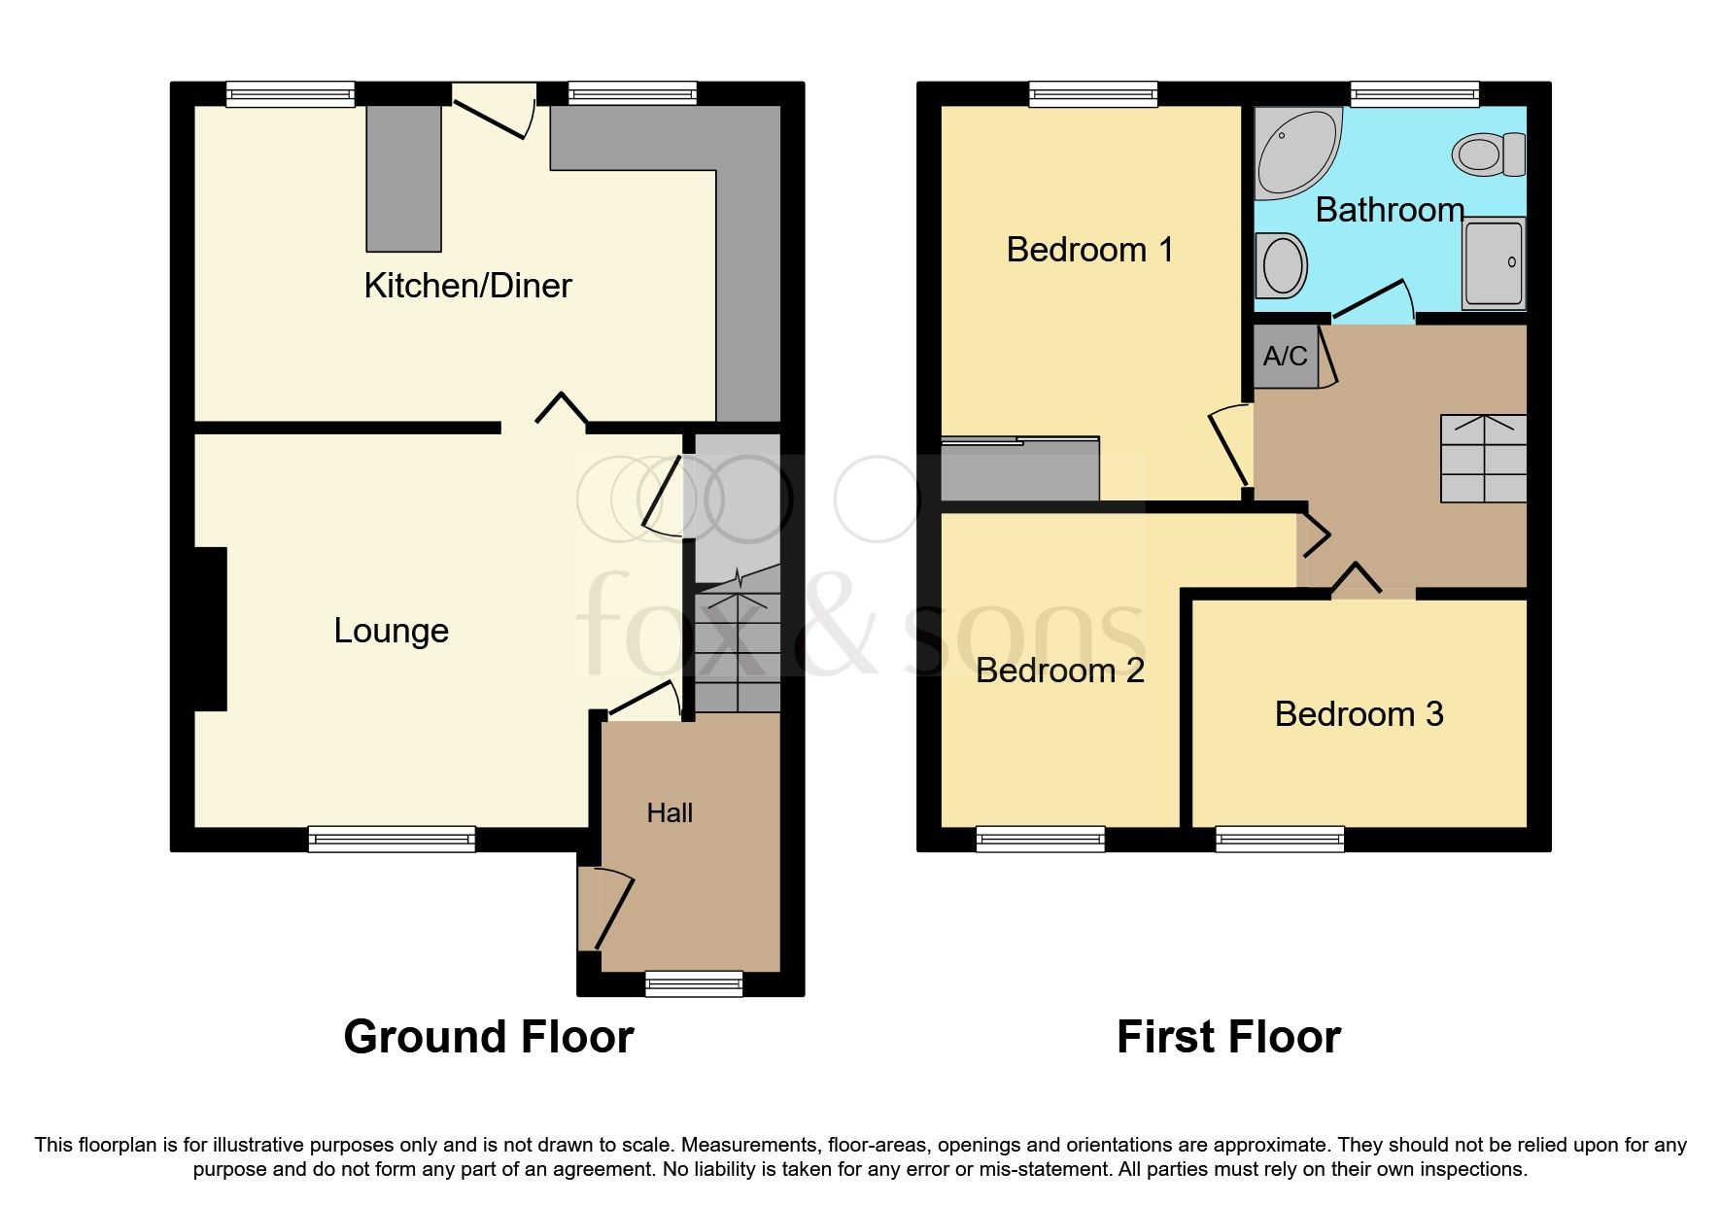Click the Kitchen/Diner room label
pos(467,286)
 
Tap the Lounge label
pos(391,631)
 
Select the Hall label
pos(670,812)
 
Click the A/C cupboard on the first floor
pos(1285,357)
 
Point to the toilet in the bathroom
pos(1488,155)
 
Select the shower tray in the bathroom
pos(1494,262)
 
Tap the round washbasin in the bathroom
pos(1283,265)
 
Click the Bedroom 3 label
pos(1359,714)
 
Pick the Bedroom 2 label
pos(1059,671)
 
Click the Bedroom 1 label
pos(1089,250)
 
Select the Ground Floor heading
pos(489,1037)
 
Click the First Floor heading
pos(1228,1037)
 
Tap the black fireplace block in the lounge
pos(210,629)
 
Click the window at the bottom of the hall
pos(694,983)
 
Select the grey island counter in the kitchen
pos(403,178)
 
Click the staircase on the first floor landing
pos(1483,458)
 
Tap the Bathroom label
pos(1389,210)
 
